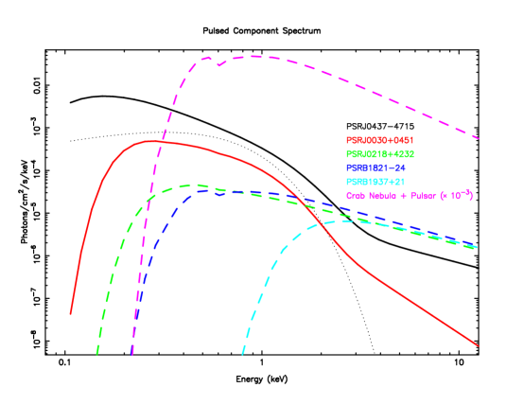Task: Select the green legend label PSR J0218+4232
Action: [380, 153]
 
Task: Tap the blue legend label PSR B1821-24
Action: [376, 167]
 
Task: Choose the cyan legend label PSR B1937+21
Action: [376, 181]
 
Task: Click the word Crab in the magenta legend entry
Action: [356, 195]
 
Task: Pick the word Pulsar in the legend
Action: [423, 195]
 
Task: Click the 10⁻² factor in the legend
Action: [458, 194]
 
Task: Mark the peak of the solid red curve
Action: [149, 141]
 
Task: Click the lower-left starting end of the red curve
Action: [71, 313]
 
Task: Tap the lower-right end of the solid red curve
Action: [479, 345]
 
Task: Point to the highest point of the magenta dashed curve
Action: [253, 56]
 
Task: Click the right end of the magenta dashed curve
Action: [480, 139]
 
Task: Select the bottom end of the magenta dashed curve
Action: [131, 355]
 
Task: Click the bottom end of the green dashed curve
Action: [96, 355]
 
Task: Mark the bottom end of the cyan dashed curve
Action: [242, 355]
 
